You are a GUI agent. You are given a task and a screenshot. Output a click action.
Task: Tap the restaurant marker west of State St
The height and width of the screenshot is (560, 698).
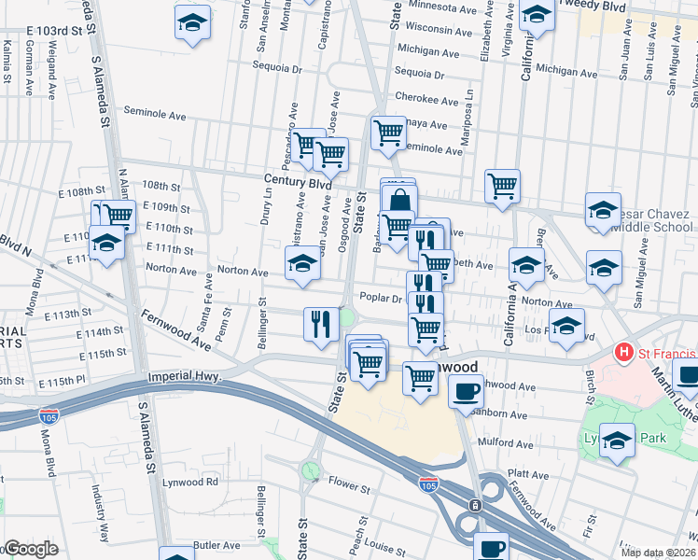click(320, 324)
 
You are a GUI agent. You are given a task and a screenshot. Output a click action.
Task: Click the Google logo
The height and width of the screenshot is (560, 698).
click(31, 549)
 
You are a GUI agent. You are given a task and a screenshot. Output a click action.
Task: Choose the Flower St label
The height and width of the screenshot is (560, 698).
click(349, 487)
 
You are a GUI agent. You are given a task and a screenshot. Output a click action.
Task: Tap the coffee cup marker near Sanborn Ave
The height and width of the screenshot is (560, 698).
click(466, 392)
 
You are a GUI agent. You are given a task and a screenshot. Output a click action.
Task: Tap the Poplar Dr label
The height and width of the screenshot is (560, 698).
click(380, 299)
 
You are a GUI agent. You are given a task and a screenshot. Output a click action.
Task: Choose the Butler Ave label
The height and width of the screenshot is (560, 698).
click(216, 545)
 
